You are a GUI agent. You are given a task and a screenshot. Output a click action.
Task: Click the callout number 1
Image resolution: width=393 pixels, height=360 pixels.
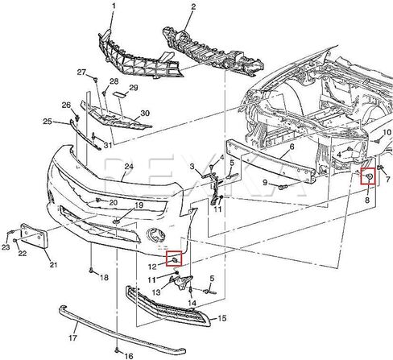point(114,6)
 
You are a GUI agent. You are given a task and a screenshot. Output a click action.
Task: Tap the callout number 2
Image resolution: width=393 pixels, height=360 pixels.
point(193,6)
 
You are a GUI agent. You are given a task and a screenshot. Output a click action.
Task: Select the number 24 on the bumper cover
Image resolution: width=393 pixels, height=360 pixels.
point(129,167)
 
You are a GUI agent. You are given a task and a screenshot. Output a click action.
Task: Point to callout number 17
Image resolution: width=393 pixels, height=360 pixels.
point(72,337)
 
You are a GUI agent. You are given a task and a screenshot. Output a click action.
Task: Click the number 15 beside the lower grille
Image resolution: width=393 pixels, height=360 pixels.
point(222,318)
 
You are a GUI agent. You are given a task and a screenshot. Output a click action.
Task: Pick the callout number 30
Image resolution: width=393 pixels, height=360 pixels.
point(145,114)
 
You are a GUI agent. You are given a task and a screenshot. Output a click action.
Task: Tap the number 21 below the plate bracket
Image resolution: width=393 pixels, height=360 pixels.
point(53,265)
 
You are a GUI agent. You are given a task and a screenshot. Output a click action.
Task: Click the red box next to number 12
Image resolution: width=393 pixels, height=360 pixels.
point(174,259)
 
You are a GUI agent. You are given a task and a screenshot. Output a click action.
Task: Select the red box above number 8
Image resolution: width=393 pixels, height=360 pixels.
point(368,176)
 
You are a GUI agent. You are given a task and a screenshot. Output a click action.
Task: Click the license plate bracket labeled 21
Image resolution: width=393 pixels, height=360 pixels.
point(35,236)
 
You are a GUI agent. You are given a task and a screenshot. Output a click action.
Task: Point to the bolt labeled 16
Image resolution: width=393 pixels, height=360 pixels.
point(117,350)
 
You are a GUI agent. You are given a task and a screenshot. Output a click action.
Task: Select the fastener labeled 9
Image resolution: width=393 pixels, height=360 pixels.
point(283,186)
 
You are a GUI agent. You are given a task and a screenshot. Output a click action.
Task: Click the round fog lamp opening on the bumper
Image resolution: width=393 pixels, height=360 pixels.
point(155,235)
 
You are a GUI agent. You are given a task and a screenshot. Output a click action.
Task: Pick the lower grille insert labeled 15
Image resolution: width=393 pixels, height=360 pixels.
point(168,306)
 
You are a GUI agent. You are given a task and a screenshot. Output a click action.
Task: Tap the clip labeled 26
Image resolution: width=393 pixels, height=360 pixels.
point(77,118)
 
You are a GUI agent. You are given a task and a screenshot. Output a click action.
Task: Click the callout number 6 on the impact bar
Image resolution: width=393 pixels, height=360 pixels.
point(292,147)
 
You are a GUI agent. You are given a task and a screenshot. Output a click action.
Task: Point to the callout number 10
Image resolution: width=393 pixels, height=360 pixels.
point(387,132)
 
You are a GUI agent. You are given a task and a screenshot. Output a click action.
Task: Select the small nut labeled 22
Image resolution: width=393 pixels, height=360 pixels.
point(16,240)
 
